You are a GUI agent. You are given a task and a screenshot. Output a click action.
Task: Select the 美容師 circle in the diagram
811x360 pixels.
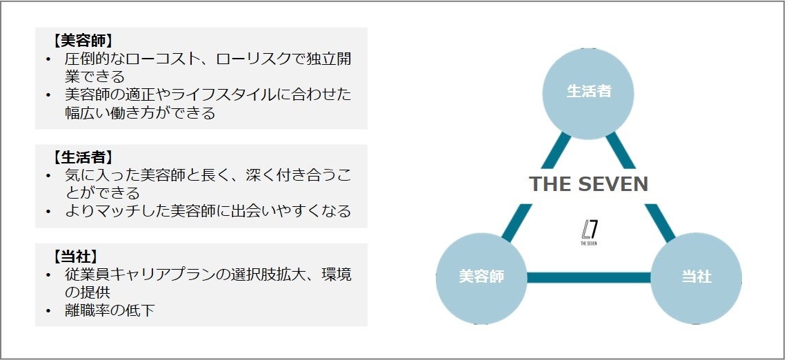coord(481,277)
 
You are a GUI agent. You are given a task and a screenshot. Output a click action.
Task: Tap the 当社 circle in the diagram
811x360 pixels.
coord(696,277)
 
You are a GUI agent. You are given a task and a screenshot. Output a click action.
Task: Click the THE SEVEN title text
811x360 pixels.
coord(588,184)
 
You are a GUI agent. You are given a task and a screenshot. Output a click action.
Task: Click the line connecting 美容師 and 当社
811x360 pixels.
coord(588,278)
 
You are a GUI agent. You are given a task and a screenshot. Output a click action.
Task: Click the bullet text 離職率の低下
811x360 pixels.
coord(110,311)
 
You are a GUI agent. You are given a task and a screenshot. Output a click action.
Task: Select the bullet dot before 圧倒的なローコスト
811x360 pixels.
coord(48,59)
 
